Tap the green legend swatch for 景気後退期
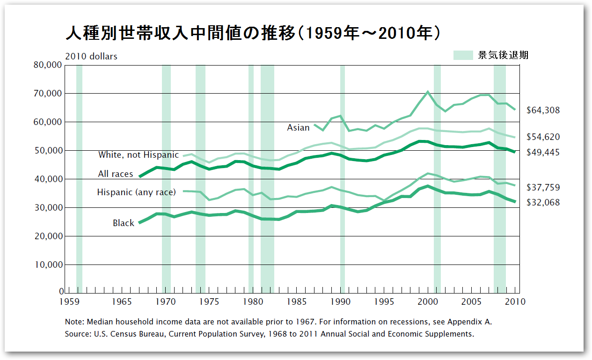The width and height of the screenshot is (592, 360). (x=463, y=55)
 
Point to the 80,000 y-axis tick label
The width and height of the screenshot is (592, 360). (x=48, y=65)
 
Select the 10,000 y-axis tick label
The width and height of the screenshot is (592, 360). (x=48, y=264)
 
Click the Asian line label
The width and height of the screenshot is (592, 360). (x=298, y=127)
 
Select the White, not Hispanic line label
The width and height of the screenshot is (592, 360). (x=138, y=154)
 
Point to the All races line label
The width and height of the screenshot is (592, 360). (x=115, y=174)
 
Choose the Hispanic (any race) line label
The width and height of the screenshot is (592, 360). (x=136, y=192)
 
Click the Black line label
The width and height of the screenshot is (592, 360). (x=123, y=223)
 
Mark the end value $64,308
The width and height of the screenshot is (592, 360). (x=543, y=110)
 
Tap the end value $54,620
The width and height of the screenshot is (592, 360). (x=543, y=137)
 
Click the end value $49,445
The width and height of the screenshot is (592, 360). (x=543, y=152)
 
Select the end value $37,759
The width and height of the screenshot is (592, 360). (x=543, y=187)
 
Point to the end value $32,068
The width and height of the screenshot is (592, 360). (x=543, y=202)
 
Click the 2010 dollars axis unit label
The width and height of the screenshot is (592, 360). (x=91, y=56)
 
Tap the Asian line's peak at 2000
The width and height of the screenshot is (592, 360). (x=427, y=91)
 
